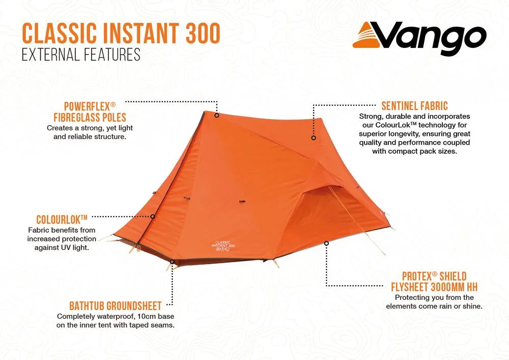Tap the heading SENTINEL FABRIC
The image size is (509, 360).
coord(414,106)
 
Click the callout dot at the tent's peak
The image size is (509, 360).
coord(216,115)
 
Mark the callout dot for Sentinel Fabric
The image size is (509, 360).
coord(314,137)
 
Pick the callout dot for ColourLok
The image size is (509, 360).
coord(153,216)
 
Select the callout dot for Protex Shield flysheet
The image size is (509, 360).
coord(326,243)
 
